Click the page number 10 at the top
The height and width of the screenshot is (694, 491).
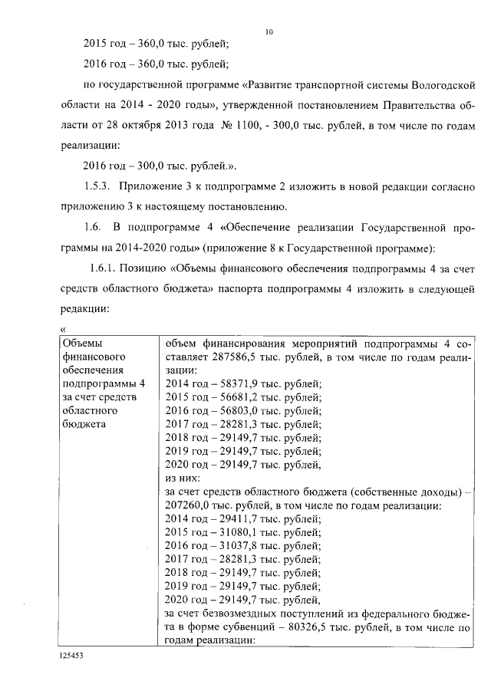[269, 31]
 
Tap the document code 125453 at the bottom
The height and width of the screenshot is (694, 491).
[70, 657]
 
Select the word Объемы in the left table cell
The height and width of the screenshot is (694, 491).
[80, 344]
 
